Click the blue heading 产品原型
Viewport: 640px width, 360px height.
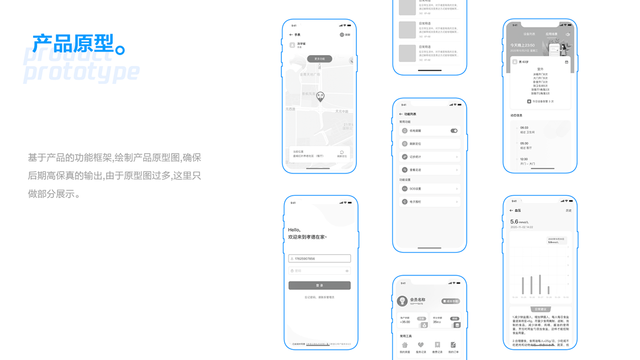[x=73, y=44]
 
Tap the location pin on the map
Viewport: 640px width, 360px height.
[x=320, y=97]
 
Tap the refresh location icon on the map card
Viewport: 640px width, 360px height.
[x=341, y=153]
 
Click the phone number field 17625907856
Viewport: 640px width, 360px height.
[x=319, y=259]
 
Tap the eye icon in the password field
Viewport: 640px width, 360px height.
[x=347, y=271]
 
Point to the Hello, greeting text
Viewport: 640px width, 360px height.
[x=294, y=230]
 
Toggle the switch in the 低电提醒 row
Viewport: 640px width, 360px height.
[x=454, y=131]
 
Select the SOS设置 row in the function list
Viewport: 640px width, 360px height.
[x=429, y=189]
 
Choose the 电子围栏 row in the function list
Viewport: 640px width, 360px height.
[x=429, y=202]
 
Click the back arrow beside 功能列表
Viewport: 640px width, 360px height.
[x=401, y=114]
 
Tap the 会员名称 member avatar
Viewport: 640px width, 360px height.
[x=402, y=301]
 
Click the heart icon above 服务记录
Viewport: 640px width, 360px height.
[x=420, y=345]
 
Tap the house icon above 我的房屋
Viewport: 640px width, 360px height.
[x=405, y=345]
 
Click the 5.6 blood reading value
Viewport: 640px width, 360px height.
[x=513, y=222]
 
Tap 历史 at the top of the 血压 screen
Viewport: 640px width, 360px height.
[x=568, y=211]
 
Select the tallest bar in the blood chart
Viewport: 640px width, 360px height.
[x=540, y=284]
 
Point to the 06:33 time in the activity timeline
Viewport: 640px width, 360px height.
[x=524, y=128]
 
